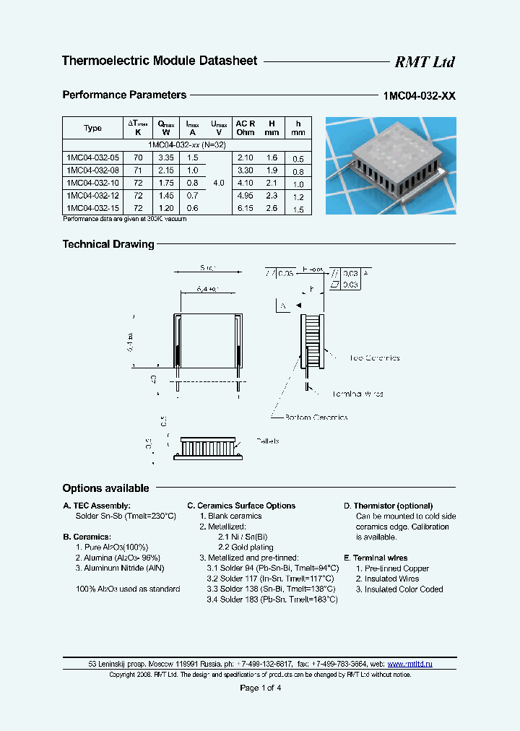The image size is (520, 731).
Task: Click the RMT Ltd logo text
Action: click(x=425, y=62)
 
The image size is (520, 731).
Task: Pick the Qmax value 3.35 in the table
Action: click(x=166, y=158)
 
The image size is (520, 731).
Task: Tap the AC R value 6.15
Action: click(x=246, y=209)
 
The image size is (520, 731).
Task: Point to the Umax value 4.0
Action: click(x=219, y=183)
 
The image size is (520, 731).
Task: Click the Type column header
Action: click(x=93, y=129)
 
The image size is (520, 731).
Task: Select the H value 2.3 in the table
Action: click(x=271, y=196)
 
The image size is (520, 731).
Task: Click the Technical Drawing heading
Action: click(x=108, y=245)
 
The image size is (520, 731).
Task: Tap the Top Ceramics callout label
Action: click(x=374, y=358)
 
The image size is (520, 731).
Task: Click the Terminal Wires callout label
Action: click(x=358, y=394)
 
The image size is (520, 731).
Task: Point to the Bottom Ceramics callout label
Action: click(x=316, y=418)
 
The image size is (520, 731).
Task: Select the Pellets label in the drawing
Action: click(x=267, y=441)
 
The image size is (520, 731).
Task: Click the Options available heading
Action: click(x=105, y=488)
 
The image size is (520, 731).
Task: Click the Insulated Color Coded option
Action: click(x=399, y=589)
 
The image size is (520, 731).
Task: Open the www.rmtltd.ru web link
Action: click(x=409, y=663)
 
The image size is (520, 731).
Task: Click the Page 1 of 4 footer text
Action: click(x=260, y=688)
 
